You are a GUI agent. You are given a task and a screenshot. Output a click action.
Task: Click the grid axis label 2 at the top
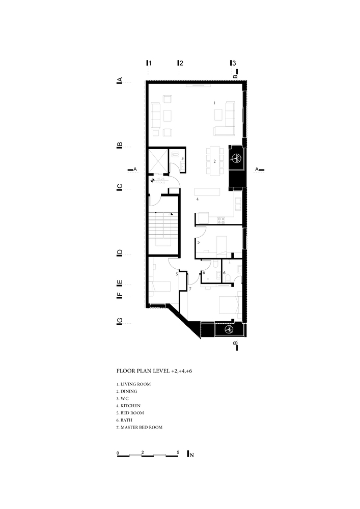coord(181,64)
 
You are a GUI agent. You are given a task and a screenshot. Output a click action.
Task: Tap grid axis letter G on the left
coord(120,321)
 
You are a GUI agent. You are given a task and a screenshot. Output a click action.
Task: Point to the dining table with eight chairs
coord(215,161)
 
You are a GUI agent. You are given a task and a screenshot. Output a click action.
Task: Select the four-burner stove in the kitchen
coord(221,220)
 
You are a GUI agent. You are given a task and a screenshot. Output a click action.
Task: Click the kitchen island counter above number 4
coord(208,192)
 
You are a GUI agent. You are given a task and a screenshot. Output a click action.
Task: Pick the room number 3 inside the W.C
coord(182,159)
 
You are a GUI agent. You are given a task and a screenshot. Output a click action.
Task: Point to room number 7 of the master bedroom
coord(190,289)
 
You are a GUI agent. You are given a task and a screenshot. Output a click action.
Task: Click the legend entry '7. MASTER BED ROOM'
coord(140,428)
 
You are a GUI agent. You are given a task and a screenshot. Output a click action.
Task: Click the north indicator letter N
coord(191,455)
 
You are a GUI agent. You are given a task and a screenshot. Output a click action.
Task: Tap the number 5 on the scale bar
coord(178,452)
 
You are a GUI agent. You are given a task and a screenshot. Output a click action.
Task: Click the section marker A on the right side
coord(258,168)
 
